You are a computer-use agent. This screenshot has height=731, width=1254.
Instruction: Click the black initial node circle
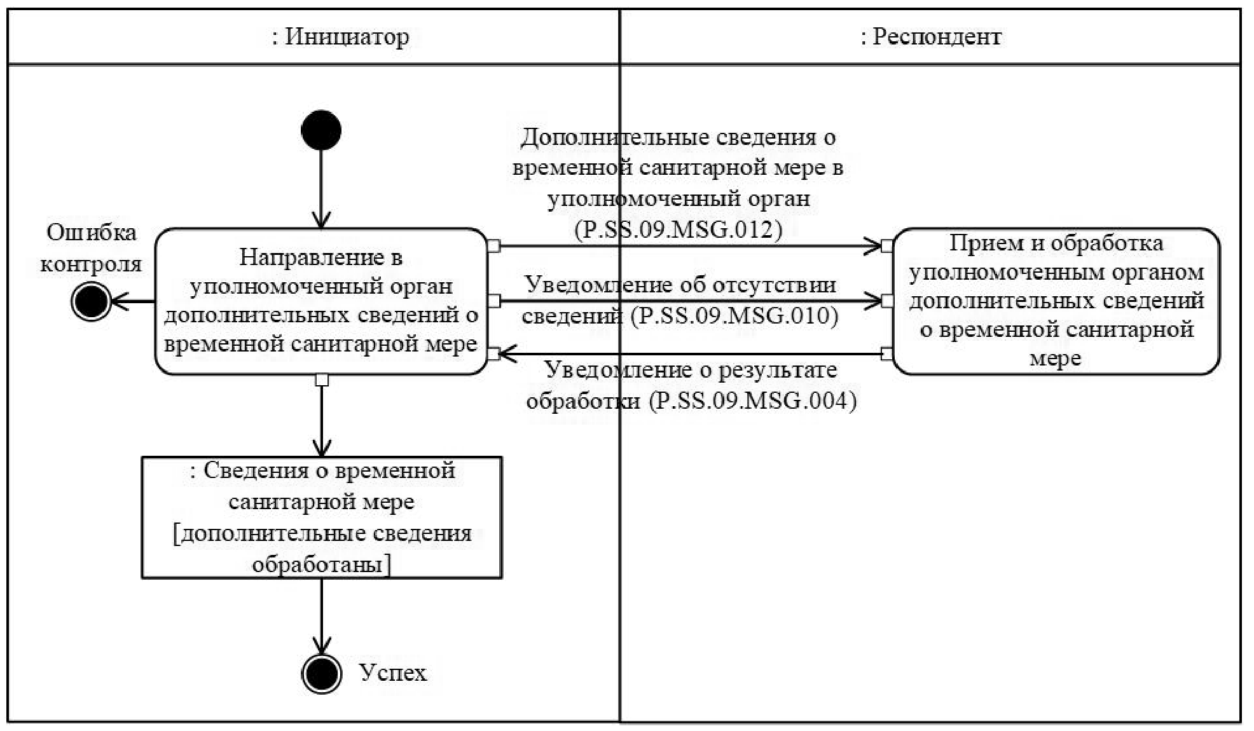pyautogui.click(x=321, y=130)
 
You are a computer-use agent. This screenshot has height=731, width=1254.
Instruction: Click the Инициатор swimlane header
pyautogui.click(x=340, y=37)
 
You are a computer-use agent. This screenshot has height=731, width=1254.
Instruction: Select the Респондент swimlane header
pyautogui.click(x=930, y=37)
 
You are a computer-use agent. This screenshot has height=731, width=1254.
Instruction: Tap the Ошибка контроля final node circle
pyautogui.click(x=91, y=301)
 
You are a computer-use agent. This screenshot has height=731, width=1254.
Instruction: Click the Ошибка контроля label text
pyautogui.click(x=91, y=248)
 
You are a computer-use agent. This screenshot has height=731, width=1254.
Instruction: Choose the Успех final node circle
pyautogui.click(x=321, y=673)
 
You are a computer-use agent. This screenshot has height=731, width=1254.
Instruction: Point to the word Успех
pyautogui.click(x=392, y=673)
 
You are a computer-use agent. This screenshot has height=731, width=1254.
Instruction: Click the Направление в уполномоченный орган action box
pyautogui.click(x=321, y=301)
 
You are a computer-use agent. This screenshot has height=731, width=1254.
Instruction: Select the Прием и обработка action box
pyautogui.click(x=1056, y=301)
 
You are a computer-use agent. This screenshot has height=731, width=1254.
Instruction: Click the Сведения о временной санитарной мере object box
pyautogui.click(x=321, y=517)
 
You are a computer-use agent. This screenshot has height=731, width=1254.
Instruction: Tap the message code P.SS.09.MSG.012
pyautogui.click(x=678, y=229)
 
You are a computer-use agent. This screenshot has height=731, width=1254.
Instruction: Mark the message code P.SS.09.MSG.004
pyautogui.click(x=754, y=401)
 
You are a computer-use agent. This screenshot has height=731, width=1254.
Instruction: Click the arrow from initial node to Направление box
pyautogui.click(x=321, y=188)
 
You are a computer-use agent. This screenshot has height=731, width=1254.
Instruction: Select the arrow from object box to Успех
pyautogui.click(x=321, y=613)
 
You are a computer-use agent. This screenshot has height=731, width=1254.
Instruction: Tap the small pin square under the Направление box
pyautogui.click(x=322, y=380)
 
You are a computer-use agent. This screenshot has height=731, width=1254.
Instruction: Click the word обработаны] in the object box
pyautogui.click(x=321, y=564)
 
